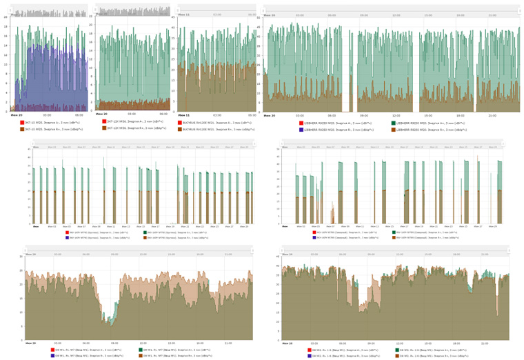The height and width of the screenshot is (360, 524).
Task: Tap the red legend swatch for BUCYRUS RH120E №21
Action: pos(180,122)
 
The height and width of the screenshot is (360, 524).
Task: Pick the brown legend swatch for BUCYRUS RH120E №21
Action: pos(180,128)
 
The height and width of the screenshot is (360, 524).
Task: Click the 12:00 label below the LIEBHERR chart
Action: pos(396,115)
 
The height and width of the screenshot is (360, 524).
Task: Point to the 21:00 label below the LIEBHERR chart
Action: pos(492,115)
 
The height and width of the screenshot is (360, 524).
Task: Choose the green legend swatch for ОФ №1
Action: pos(139,350)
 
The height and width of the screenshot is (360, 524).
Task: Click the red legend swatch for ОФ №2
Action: pos(311,350)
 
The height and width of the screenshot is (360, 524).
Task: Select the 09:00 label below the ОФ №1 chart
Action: pos(114,343)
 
